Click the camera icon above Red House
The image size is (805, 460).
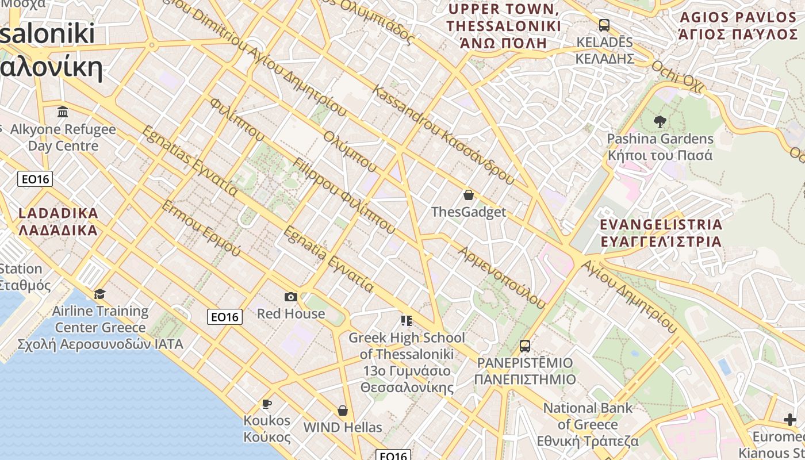[x=291, y=297]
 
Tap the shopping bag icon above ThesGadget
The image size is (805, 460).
[x=469, y=195]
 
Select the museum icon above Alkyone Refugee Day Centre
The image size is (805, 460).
[x=63, y=111]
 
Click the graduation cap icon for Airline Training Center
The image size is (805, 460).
[x=100, y=294]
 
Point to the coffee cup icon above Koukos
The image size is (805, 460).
[x=266, y=403]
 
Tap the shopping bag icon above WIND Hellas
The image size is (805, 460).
[x=343, y=411]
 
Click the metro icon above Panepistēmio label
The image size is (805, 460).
[x=524, y=346]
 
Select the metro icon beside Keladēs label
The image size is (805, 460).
[x=604, y=25]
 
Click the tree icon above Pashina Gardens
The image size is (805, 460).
[x=660, y=121]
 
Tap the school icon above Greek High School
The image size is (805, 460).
[x=407, y=320]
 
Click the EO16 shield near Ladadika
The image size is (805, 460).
[x=36, y=179]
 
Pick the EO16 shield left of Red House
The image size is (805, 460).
[x=225, y=316]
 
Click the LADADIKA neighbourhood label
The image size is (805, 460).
[x=58, y=222]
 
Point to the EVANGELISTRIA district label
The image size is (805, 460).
[x=661, y=232]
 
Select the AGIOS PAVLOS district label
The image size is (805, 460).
[x=738, y=26]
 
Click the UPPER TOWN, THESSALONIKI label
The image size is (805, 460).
[x=504, y=26]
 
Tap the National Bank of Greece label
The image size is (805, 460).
[x=588, y=424]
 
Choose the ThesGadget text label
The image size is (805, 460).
[x=469, y=212]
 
